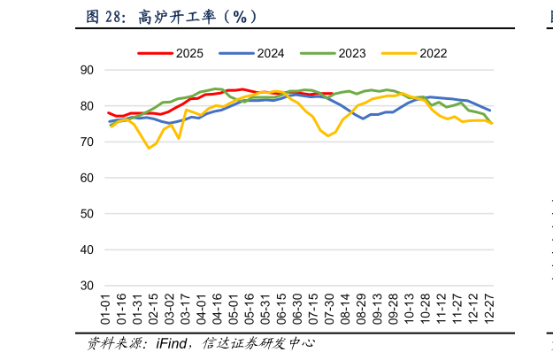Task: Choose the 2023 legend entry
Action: (x=335, y=53)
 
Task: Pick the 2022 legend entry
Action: (x=416, y=53)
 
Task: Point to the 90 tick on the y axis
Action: (x=87, y=70)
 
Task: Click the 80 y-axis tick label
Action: (x=87, y=106)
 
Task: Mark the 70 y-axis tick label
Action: (x=87, y=142)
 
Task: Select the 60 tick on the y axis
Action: (x=87, y=178)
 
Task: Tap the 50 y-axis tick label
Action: (x=87, y=214)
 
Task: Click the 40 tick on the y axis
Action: (x=87, y=250)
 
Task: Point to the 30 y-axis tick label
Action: (x=87, y=287)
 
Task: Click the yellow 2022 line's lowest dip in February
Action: (x=149, y=148)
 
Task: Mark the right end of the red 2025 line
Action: (x=331, y=93)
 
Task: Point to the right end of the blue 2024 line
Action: (x=490, y=111)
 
